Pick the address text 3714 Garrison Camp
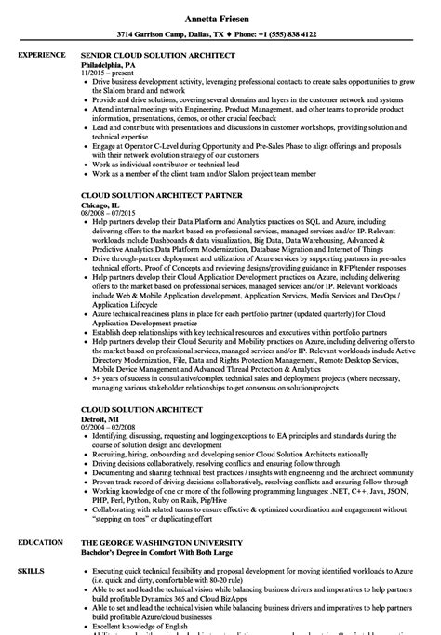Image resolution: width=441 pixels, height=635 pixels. (x=159, y=34)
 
